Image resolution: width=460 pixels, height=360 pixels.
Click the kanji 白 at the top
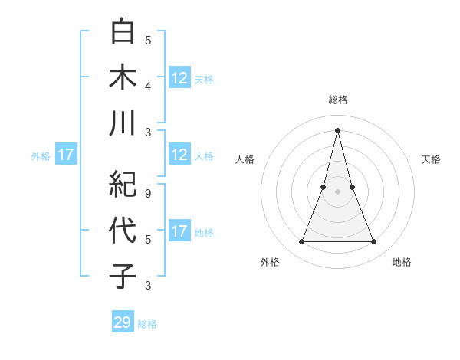pyautogui.click(x=123, y=31)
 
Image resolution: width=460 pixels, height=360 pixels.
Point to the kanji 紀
pyautogui.click(x=123, y=184)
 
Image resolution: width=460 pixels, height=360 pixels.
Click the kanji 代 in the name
pyautogui.click(x=123, y=230)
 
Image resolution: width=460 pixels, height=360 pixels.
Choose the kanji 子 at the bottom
pyautogui.click(x=123, y=276)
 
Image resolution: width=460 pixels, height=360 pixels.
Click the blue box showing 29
pyautogui.click(x=123, y=322)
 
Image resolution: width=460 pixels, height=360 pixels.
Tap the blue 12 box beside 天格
pyautogui.click(x=179, y=78)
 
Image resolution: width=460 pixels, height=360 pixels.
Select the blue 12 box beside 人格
pyautogui.click(x=179, y=155)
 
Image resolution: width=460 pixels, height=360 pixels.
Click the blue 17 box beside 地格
pyautogui.click(x=179, y=231)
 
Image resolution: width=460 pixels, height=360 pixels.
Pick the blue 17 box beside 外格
pyautogui.click(x=66, y=155)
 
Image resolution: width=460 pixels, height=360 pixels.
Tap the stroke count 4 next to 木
pyautogui.click(x=148, y=85)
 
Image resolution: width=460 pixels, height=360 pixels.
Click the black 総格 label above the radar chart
pyautogui.click(x=338, y=100)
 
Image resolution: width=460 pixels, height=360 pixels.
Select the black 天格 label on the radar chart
pyautogui.click(x=431, y=159)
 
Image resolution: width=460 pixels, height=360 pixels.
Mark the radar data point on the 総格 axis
pyautogui.click(x=338, y=129)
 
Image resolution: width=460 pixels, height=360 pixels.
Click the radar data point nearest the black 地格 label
pyautogui.click(x=374, y=242)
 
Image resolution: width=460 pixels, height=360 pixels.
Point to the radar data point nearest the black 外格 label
pyautogui.click(x=302, y=242)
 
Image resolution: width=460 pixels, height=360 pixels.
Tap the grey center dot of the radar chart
pyautogui.click(x=338, y=192)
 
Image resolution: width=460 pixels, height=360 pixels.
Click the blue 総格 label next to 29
pyautogui.click(x=147, y=324)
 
